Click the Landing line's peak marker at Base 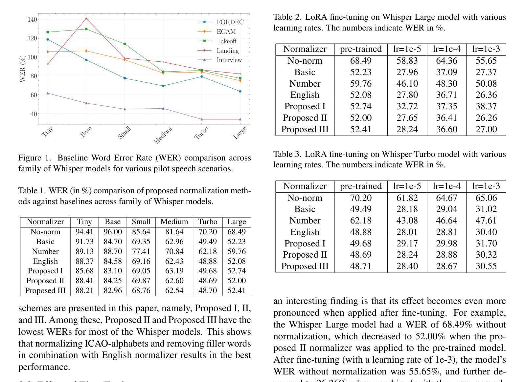[x=86, y=18]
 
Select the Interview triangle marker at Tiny [x=48, y=93]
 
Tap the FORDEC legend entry [x=220, y=22]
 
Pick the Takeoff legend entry [x=217, y=41]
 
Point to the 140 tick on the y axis [x=32, y=19]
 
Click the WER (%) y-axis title [x=22, y=69]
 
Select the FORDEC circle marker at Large [x=240, y=91]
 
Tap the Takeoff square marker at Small [x=125, y=44]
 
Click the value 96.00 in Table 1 [x=113, y=232]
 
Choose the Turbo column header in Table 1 [x=208, y=222]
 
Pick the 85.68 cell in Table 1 [x=84, y=271]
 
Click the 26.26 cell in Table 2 [x=486, y=118]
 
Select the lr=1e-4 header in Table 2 [x=446, y=49]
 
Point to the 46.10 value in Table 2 [x=407, y=84]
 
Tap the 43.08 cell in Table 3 [x=407, y=221]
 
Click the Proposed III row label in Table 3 [x=305, y=266]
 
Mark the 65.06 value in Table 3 [x=486, y=198]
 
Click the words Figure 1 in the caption [x=34, y=158]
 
